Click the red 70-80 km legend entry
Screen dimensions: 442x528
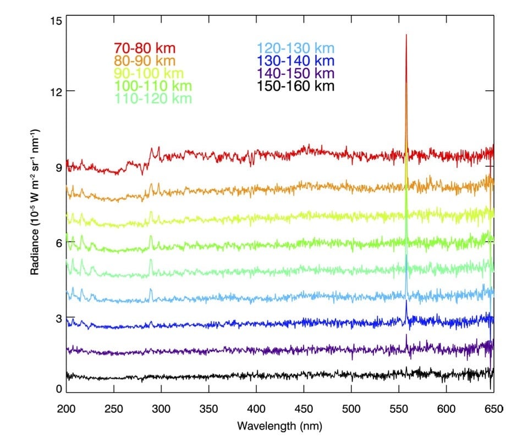point(144,48)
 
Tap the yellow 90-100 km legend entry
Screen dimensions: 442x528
point(149,73)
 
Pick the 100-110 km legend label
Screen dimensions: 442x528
point(153,86)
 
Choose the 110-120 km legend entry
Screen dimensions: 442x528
point(153,98)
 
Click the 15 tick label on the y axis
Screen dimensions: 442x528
point(55,21)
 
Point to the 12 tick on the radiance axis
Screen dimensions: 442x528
point(55,91)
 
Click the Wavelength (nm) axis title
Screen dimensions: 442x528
point(279,426)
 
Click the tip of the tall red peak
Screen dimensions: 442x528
point(406,35)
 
